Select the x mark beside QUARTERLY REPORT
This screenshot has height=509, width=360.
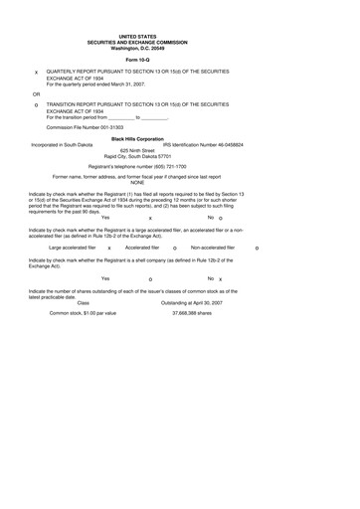click(36, 74)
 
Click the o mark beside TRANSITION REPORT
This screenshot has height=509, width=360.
click(36, 104)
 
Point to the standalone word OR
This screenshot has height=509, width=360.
click(36, 92)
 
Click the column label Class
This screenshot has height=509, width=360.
click(83, 302)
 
